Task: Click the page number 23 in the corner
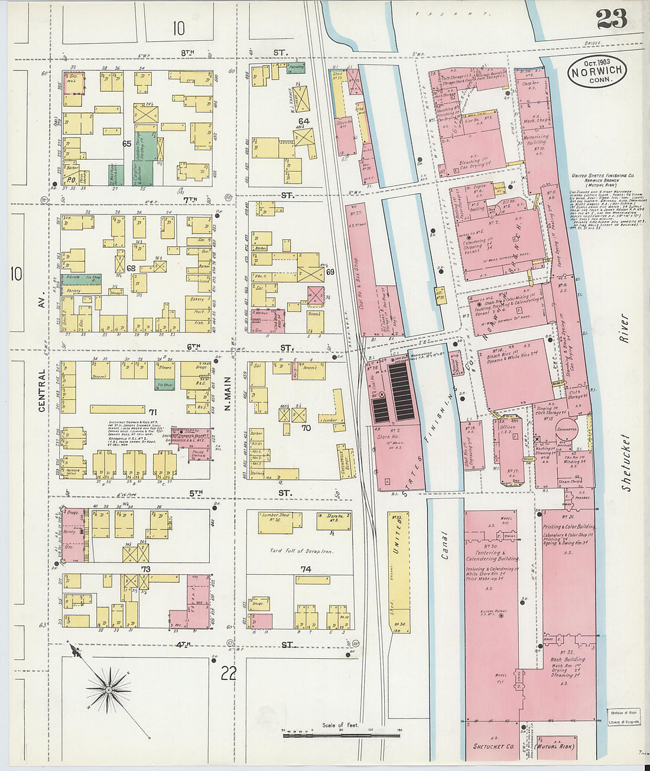point(611,19)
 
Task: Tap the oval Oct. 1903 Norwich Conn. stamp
point(597,71)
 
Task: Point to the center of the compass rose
point(109,689)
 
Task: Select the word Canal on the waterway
point(444,545)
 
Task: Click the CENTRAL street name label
point(42,391)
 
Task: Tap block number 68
point(130,268)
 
